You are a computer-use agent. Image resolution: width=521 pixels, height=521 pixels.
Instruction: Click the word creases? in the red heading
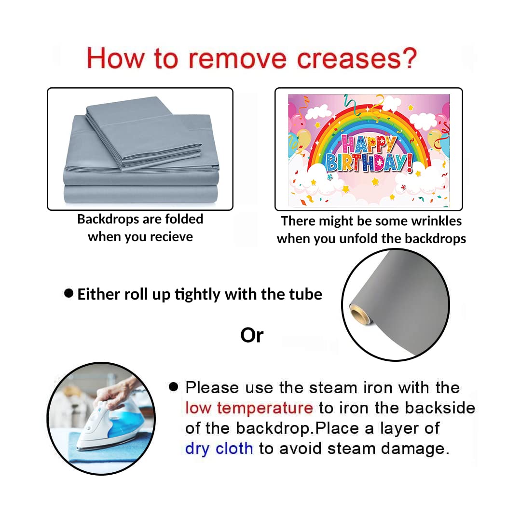(x=357, y=58)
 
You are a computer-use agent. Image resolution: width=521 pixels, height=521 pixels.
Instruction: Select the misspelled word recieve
(x=171, y=237)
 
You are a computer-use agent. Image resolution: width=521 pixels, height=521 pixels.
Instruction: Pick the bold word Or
(x=252, y=335)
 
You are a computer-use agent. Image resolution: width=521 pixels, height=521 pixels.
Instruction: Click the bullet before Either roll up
(x=69, y=293)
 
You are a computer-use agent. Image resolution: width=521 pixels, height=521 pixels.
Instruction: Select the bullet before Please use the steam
(x=174, y=386)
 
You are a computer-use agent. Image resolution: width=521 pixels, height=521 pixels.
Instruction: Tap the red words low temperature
(x=249, y=408)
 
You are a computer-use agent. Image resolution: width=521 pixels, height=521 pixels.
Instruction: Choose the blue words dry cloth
(x=219, y=449)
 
